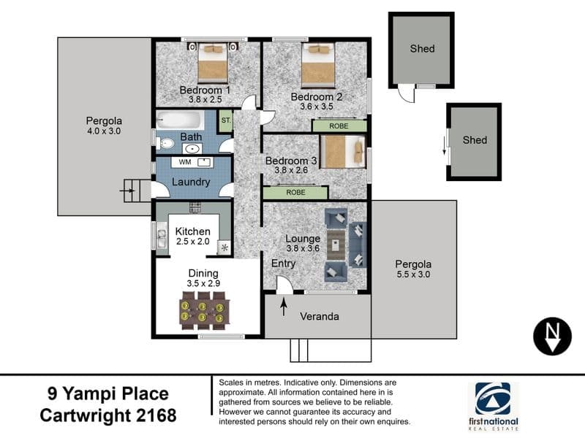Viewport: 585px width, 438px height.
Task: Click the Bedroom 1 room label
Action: [205, 90]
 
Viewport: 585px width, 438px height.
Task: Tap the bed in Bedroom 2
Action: [318, 65]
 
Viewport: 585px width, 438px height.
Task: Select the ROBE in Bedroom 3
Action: [295, 193]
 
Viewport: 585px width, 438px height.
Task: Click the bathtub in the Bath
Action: [180, 120]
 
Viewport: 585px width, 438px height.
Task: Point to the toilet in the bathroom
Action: [164, 143]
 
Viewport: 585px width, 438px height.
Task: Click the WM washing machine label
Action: [185, 162]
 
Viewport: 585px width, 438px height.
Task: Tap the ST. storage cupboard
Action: [226, 120]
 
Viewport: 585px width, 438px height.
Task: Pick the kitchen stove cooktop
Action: [195, 207]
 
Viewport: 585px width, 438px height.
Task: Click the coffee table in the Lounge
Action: [336, 245]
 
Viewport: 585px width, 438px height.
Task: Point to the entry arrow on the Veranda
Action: [284, 307]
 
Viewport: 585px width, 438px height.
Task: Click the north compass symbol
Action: [552, 336]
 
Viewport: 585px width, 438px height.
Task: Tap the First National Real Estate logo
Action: [493, 407]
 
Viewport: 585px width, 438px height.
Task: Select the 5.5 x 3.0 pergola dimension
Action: [413, 274]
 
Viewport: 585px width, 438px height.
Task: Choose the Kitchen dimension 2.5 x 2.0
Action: [193, 242]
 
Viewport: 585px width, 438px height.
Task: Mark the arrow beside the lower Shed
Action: [444, 145]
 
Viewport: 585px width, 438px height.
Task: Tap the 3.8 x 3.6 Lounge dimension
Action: [303, 248]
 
